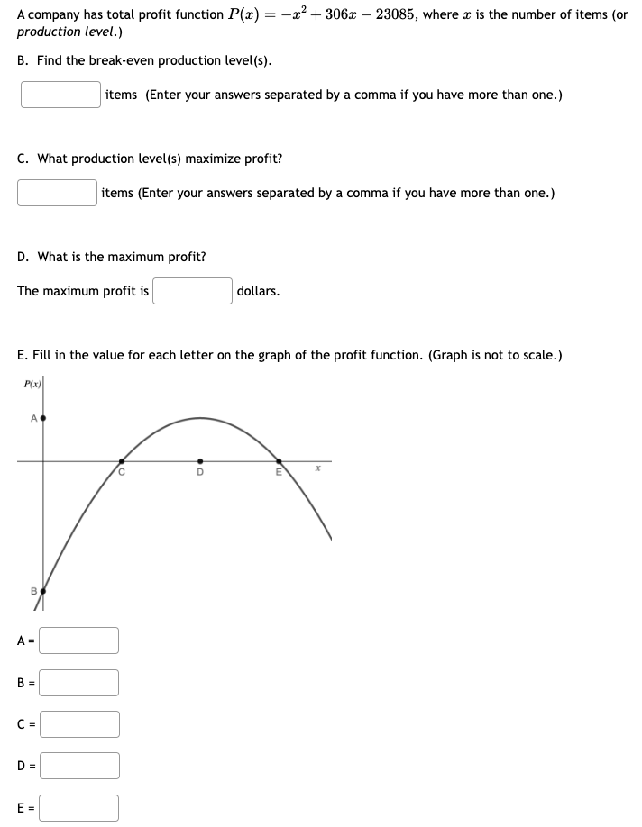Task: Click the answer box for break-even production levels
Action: (x=60, y=95)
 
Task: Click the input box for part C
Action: (x=57, y=193)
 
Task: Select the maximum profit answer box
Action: (x=192, y=291)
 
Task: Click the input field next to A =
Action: (x=79, y=641)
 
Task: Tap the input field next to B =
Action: (x=79, y=683)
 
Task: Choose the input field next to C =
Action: (x=79, y=724)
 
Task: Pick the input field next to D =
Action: (x=79, y=766)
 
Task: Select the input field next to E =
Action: (x=79, y=808)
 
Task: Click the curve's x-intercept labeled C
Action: (x=122, y=461)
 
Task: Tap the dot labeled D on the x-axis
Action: (x=200, y=461)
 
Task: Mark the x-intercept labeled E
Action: (x=279, y=461)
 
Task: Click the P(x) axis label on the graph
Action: (x=32, y=386)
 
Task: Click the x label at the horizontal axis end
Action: (x=316, y=470)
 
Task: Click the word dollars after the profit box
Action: (x=258, y=291)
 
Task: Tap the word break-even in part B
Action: (x=110, y=60)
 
